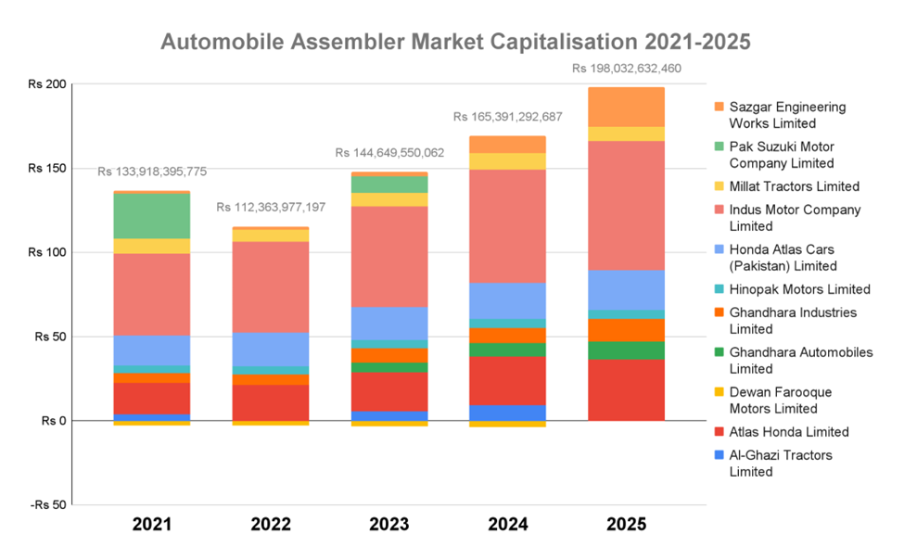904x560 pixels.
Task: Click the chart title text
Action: coord(455,42)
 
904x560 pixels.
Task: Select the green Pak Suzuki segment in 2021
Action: coord(152,216)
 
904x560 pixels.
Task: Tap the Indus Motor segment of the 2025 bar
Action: coord(626,205)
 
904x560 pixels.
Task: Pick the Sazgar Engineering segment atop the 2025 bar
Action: coord(626,107)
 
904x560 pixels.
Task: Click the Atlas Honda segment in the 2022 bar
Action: coord(271,402)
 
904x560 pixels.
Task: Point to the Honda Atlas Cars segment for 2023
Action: coord(389,324)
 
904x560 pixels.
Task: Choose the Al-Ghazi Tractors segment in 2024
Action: coord(507,413)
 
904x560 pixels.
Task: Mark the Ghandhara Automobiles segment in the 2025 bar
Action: coord(626,350)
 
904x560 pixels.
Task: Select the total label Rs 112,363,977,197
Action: coord(271,207)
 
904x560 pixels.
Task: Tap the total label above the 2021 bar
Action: coord(152,172)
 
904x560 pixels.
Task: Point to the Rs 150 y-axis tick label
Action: coord(46,168)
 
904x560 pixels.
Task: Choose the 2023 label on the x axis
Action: coord(389,525)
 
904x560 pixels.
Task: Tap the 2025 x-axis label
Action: coord(626,525)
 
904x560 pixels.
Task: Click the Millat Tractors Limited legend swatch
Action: coord(718,187)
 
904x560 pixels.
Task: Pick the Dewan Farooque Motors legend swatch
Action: coord(718,392)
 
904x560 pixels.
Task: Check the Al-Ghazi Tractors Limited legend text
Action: coord(781,464)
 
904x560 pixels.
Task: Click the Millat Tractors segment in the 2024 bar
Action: coord(507,161)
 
